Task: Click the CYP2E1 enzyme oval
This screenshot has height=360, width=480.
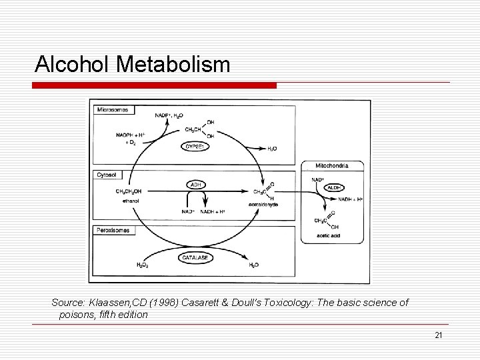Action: (196, 147)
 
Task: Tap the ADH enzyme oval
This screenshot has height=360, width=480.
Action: (197, 185)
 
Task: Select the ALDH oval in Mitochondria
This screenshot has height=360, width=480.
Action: (334, 188)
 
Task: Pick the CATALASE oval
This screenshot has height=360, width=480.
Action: (196, 257)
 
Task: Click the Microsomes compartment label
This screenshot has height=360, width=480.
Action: (113, 109)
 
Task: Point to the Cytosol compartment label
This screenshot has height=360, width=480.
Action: (107, 175)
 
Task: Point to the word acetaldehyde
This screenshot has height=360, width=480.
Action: (263, 204)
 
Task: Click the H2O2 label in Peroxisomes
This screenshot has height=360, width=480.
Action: (142, 265)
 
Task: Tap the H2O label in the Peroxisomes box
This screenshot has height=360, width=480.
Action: (254, 265)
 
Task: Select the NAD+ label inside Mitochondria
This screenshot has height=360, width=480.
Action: (318, 179)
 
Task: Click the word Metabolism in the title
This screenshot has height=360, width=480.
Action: (175, 65)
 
